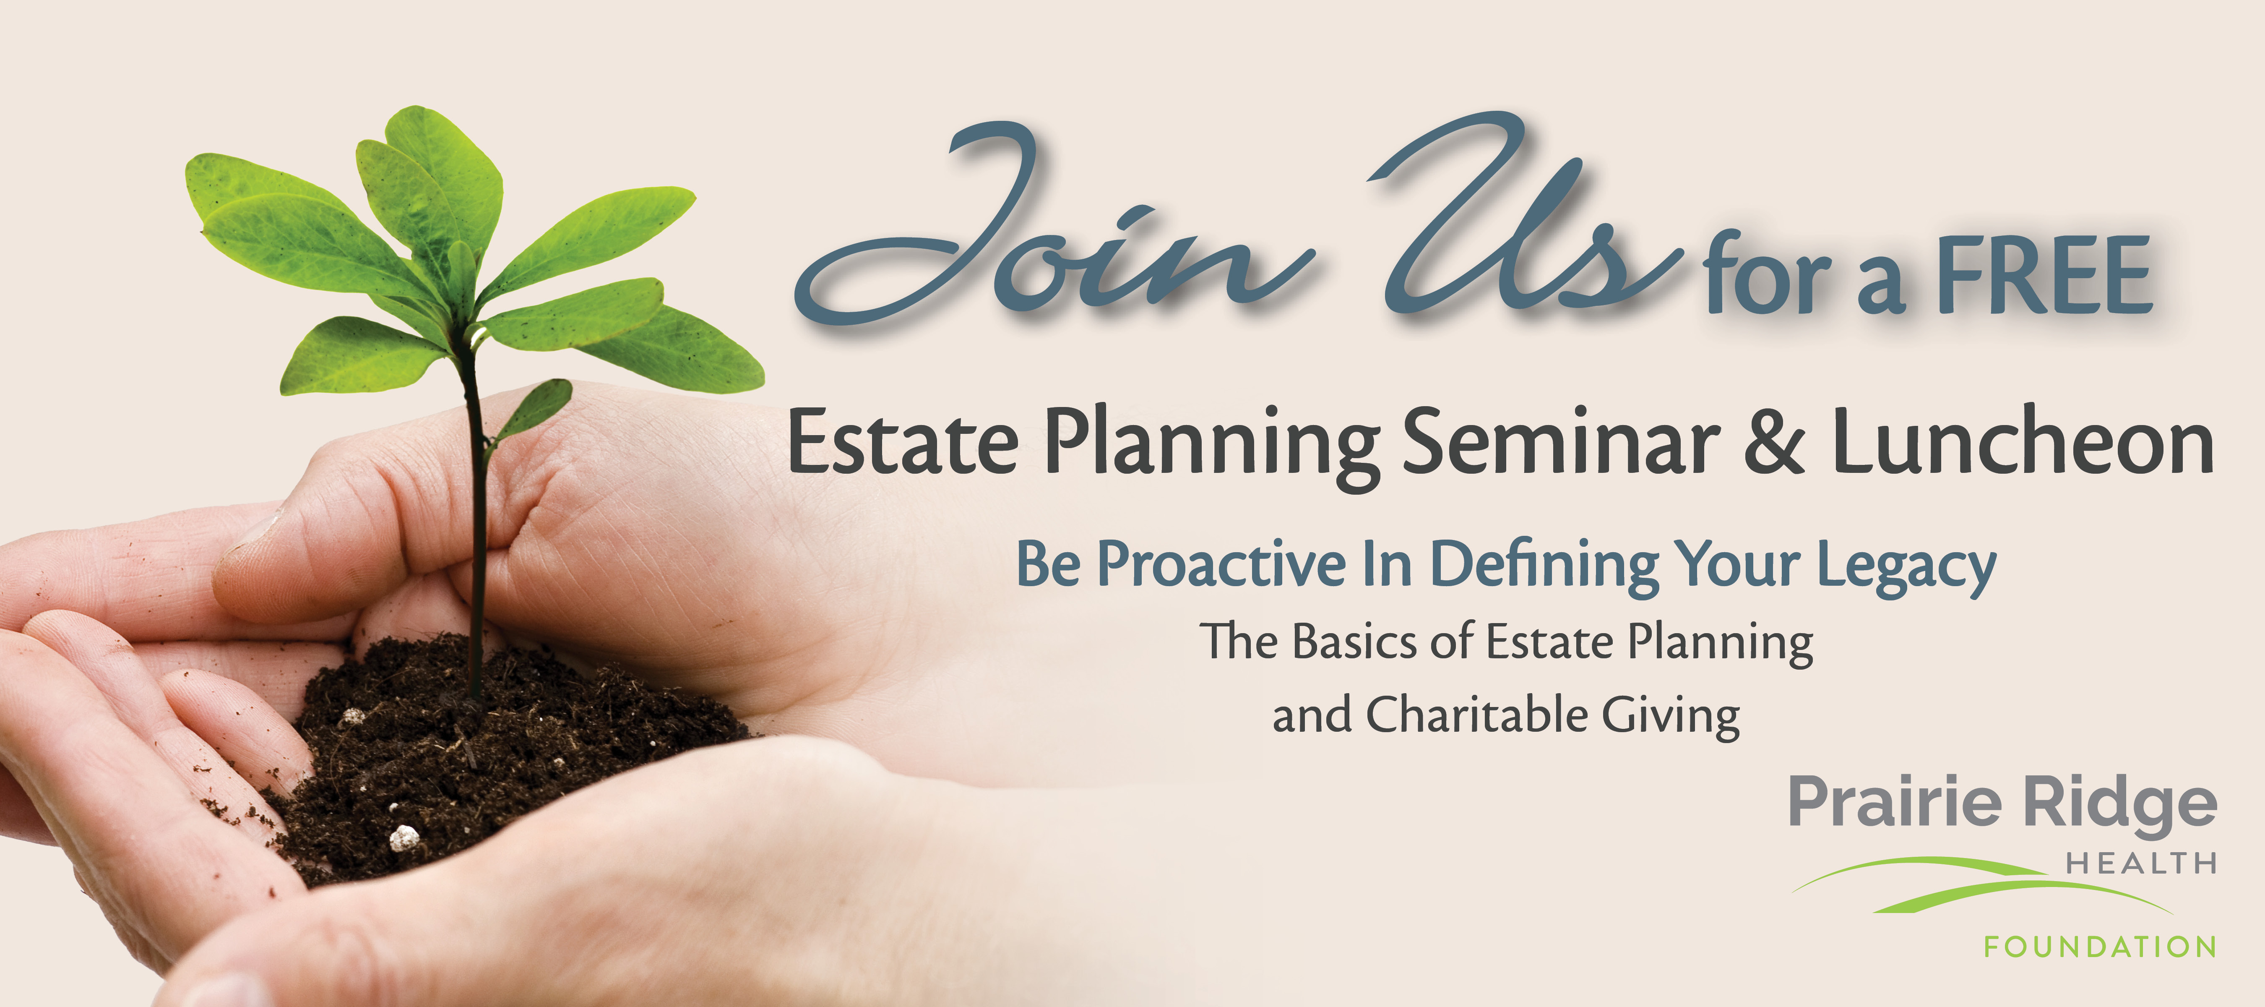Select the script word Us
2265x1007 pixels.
coord(1530,216)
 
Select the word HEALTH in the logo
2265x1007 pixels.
coord(2141,864)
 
